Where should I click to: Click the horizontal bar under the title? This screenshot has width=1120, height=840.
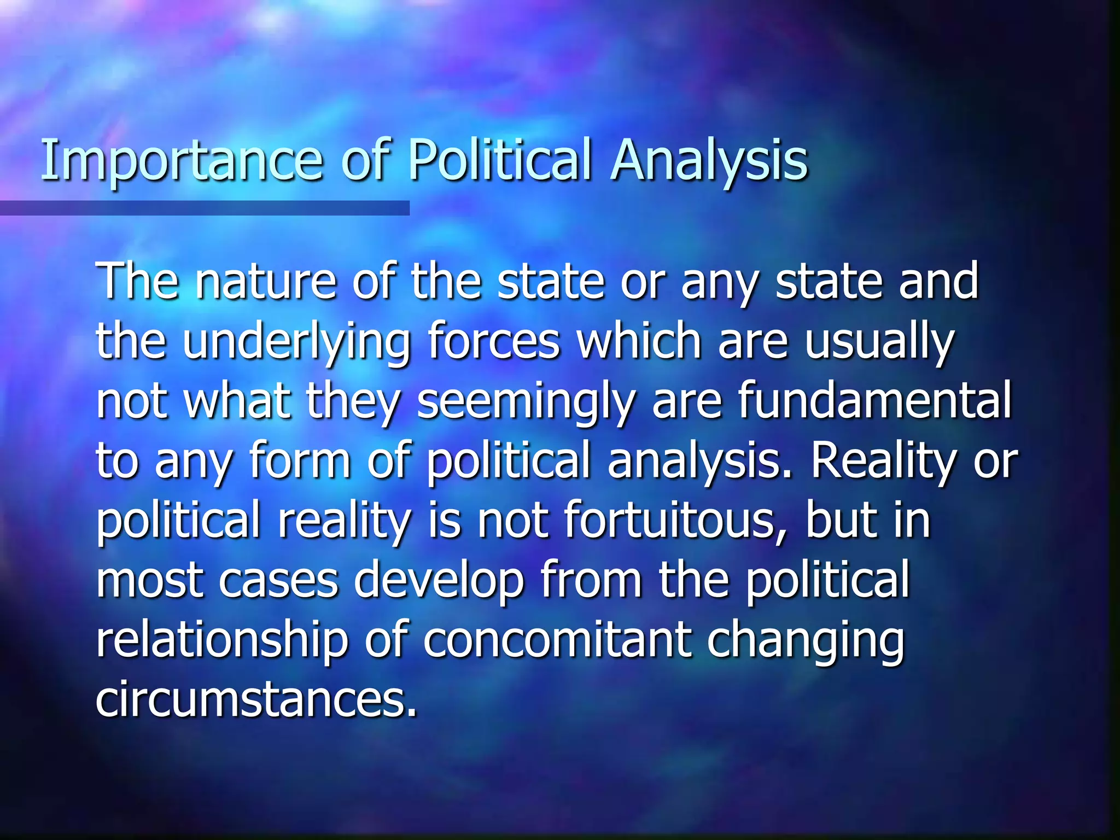tap(205, 208)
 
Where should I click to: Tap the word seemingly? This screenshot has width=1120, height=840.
tap(526, 402)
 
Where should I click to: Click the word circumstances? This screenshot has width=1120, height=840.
tap(255, 699)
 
